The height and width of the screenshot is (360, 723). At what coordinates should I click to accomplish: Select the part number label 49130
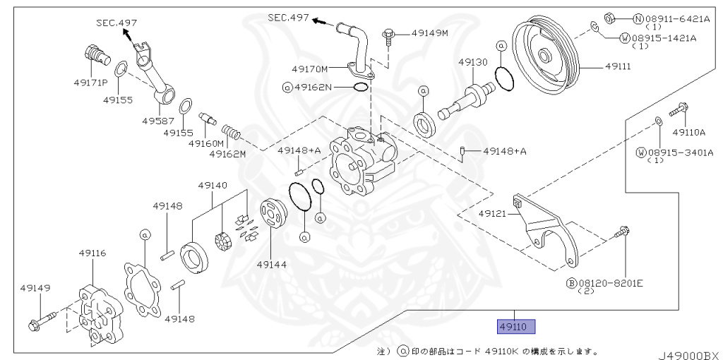(x=472, y=62)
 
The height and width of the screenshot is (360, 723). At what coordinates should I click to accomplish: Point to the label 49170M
(x=310, y=69)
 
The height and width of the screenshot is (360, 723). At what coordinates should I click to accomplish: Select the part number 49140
(x=213, y=185)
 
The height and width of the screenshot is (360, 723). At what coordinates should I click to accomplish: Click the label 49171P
(x=90, y=83)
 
